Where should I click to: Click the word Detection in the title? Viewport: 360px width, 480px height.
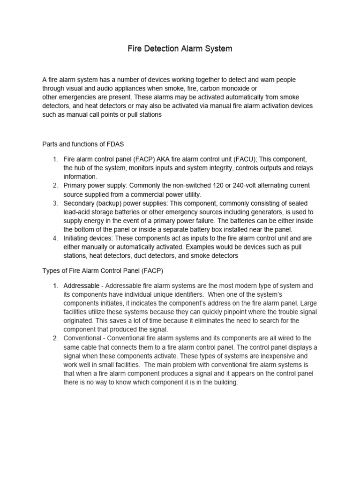pos(163,49)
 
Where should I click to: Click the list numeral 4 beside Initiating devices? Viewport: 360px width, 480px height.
pos(54,238)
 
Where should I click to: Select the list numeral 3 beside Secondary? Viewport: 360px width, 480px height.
pos(54,203)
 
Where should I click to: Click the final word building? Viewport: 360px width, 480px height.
pos(224,382)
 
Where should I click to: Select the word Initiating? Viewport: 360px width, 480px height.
pos(77,238)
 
